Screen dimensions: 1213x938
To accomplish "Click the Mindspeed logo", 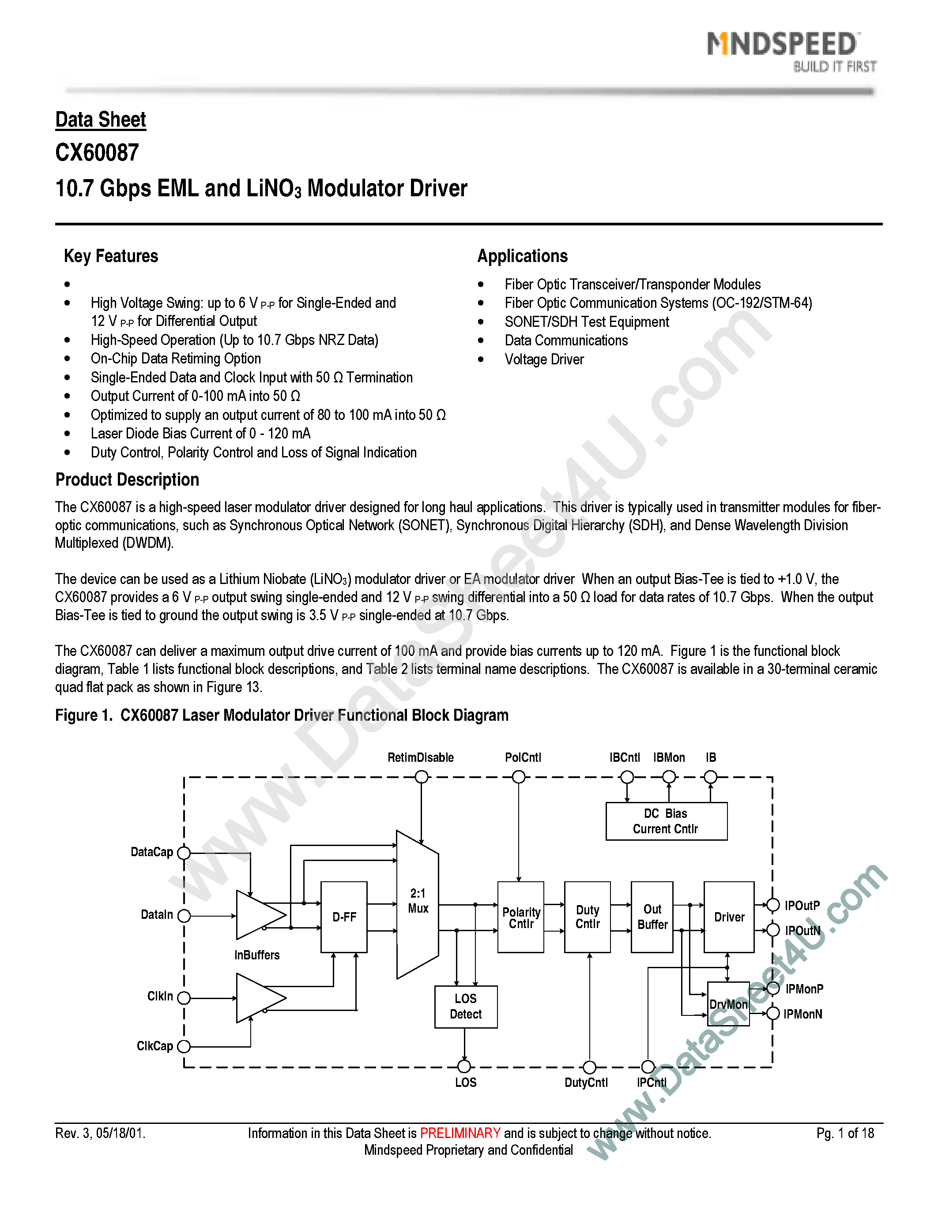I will (790, 50).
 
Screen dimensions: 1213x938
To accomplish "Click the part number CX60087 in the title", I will (97, 153).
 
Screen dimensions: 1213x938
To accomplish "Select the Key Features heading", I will (111, 256).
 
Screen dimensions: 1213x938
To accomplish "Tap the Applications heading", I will (522, 256).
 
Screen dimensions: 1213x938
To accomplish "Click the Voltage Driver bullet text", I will (544, 359).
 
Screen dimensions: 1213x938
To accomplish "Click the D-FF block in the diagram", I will (344, 917).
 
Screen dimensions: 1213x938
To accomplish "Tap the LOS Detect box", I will (466, 1007).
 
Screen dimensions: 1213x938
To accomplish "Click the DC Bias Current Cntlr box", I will (666, 821).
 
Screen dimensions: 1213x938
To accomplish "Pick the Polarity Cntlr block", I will (521, 917).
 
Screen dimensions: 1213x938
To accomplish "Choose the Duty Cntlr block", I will (588, 917).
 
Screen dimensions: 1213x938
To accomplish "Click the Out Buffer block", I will (652, 917).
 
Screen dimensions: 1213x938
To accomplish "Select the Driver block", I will (729, 917).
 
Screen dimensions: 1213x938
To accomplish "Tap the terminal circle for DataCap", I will (184, 853).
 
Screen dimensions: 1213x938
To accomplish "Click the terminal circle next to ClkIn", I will (184, 998).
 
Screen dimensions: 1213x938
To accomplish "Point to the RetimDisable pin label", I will (421, 757).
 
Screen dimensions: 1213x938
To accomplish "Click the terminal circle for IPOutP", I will (773, 905).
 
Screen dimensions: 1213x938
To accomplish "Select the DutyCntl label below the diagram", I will (586, 1082).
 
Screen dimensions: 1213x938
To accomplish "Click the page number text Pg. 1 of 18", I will (845, 1133).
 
